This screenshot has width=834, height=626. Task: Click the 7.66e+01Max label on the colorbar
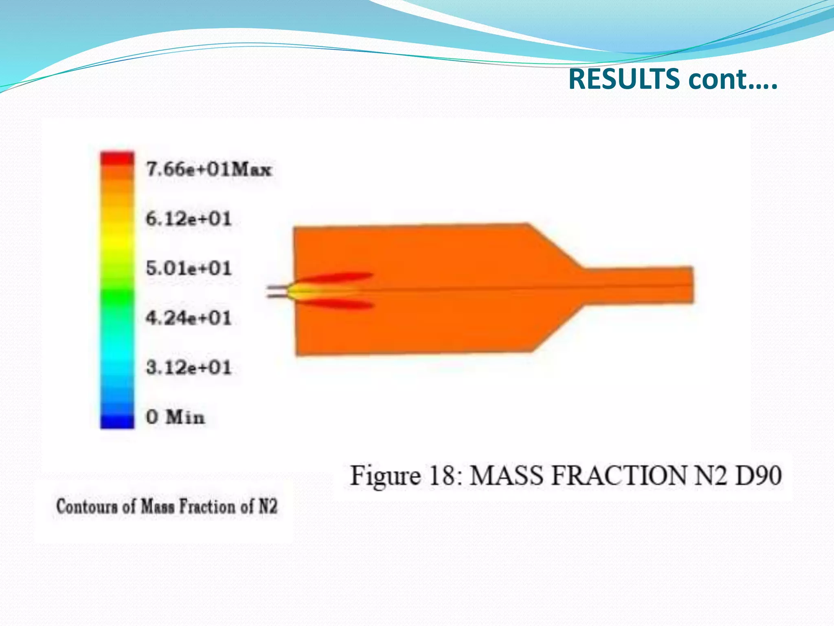pyautogui.click(x=208, y=169)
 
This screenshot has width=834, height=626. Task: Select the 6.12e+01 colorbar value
pyautogui.click(x=189, y=219)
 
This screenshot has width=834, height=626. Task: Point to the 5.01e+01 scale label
pyautogui.click(x=189, y=269)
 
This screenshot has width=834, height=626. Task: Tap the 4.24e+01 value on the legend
pyautogui.click(x=189, y=318)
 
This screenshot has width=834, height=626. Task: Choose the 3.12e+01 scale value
pyautogui.click(x=189, y=368)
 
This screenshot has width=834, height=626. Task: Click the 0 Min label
pyautogui.click(x=175, y=417)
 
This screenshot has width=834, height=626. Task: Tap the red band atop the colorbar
pyautogui.click(x=117, y=158)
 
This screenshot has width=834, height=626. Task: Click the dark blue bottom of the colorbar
pyautogui.click(x=117, y=422)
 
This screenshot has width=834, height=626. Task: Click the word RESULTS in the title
pyautogui.click(x=623, y=79)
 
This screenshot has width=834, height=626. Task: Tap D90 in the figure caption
pyautogui.click(x=758, y=476)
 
